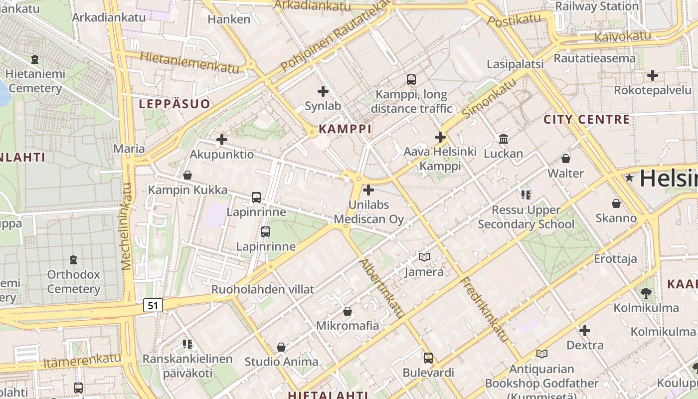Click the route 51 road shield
153,305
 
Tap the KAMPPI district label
345,129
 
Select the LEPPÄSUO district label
174,104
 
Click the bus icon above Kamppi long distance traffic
411,79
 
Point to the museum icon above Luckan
504,139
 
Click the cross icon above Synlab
323,91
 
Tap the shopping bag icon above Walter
566,159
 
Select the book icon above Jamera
424,257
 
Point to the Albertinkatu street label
382,288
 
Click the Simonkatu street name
489,98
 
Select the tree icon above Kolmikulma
646,293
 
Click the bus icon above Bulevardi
428,358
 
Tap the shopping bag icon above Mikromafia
348,311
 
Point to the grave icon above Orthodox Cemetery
73,260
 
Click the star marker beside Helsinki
630,178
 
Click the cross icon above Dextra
585,330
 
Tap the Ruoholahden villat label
263,289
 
